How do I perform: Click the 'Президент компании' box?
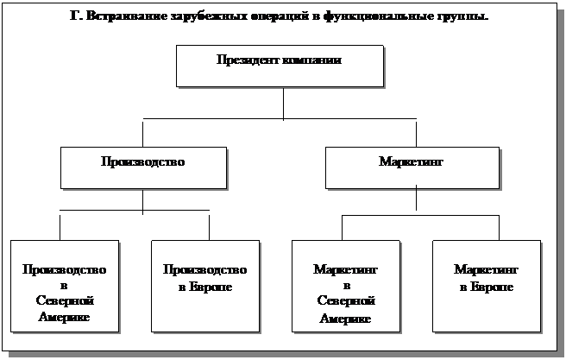(279, 66)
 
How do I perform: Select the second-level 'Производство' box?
(143, 167)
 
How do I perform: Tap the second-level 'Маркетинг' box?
(412, 167)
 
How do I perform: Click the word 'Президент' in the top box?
(248, 60)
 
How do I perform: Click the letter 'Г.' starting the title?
(73, 16)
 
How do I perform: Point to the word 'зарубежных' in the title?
(189, 16)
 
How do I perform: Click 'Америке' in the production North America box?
(65, 317)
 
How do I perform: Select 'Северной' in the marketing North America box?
(345, 301)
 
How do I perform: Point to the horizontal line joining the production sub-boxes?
(135, 210)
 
